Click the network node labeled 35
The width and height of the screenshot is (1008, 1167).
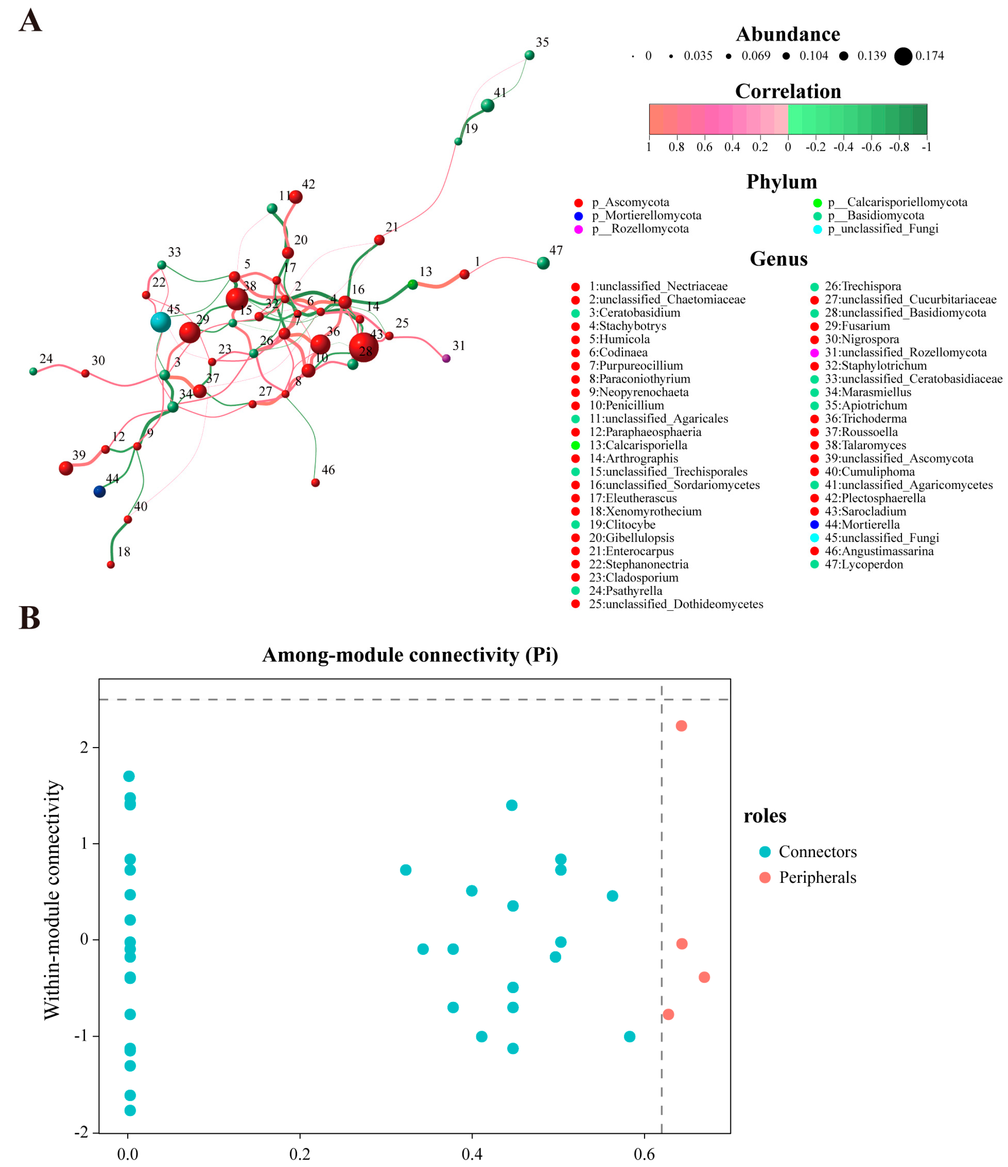[529, 55]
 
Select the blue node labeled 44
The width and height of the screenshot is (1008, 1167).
[99, 492]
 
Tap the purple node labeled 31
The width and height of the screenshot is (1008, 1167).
[446, 358]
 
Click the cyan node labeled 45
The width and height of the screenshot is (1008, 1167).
[161, 322]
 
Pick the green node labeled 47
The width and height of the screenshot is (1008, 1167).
[543, 263]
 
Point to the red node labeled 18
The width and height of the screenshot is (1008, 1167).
[111, 565]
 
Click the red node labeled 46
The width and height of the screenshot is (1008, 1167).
[316, 483]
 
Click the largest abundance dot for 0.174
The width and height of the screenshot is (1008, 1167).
[903, 56]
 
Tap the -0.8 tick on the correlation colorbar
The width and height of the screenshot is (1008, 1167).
[899, 147]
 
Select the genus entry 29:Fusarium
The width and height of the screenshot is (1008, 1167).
[857, 326]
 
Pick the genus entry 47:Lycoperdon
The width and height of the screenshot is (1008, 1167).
[863, 564]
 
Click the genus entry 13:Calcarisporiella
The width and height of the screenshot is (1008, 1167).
[638, 446]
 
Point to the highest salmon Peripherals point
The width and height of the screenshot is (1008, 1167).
[681, 726]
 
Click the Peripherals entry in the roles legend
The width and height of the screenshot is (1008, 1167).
[817, 878]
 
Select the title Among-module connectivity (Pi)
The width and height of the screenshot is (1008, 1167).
[410, 655]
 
